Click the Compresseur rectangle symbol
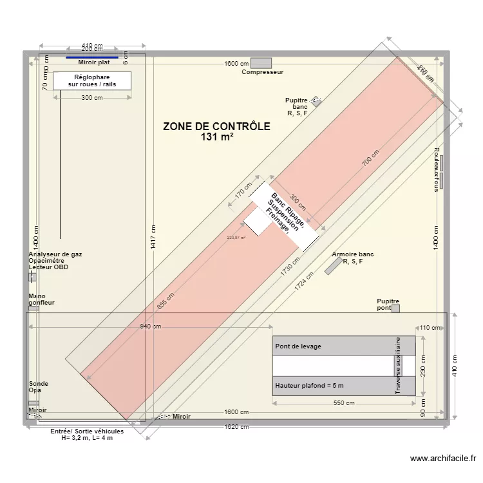(261, 62)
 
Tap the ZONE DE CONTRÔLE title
(216, 126)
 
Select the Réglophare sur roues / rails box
(92, 80)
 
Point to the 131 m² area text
(216, 137)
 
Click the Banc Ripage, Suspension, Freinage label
(283, 213)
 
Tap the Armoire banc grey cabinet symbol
(333, 267)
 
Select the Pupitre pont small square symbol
(395, 308)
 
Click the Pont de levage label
(298, 346)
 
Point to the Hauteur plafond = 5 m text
(310, 386)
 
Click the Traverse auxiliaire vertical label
(398, 365)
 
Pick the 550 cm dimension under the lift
(345, 403)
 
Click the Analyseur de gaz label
(55, 254)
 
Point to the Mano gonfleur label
(41, 299)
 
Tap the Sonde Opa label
(39, 387)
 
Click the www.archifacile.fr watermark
(443, 459)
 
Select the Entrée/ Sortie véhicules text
(87, 431)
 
